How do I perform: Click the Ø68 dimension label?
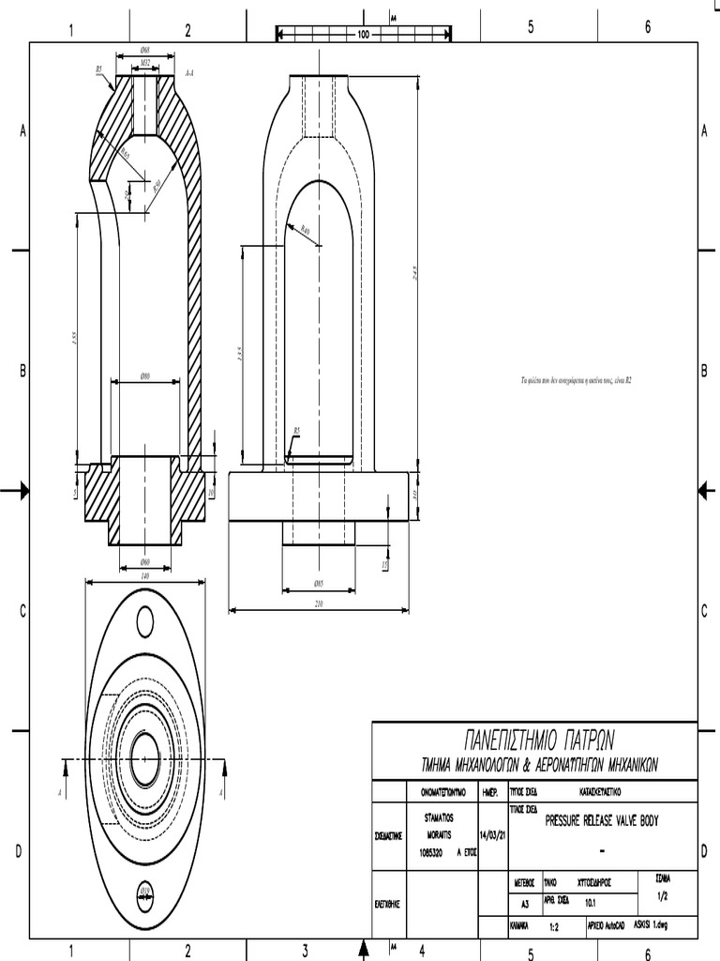144,49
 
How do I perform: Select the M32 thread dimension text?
145,63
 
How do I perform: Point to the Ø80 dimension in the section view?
145,375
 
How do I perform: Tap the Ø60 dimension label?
144,562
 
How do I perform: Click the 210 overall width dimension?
319,603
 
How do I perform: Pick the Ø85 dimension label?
319,584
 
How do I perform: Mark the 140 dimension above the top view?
144,575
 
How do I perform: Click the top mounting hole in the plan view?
144,620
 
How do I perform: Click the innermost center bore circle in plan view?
144,759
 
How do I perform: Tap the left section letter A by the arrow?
59,794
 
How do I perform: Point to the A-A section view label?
189,71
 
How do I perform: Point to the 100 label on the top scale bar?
363,34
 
